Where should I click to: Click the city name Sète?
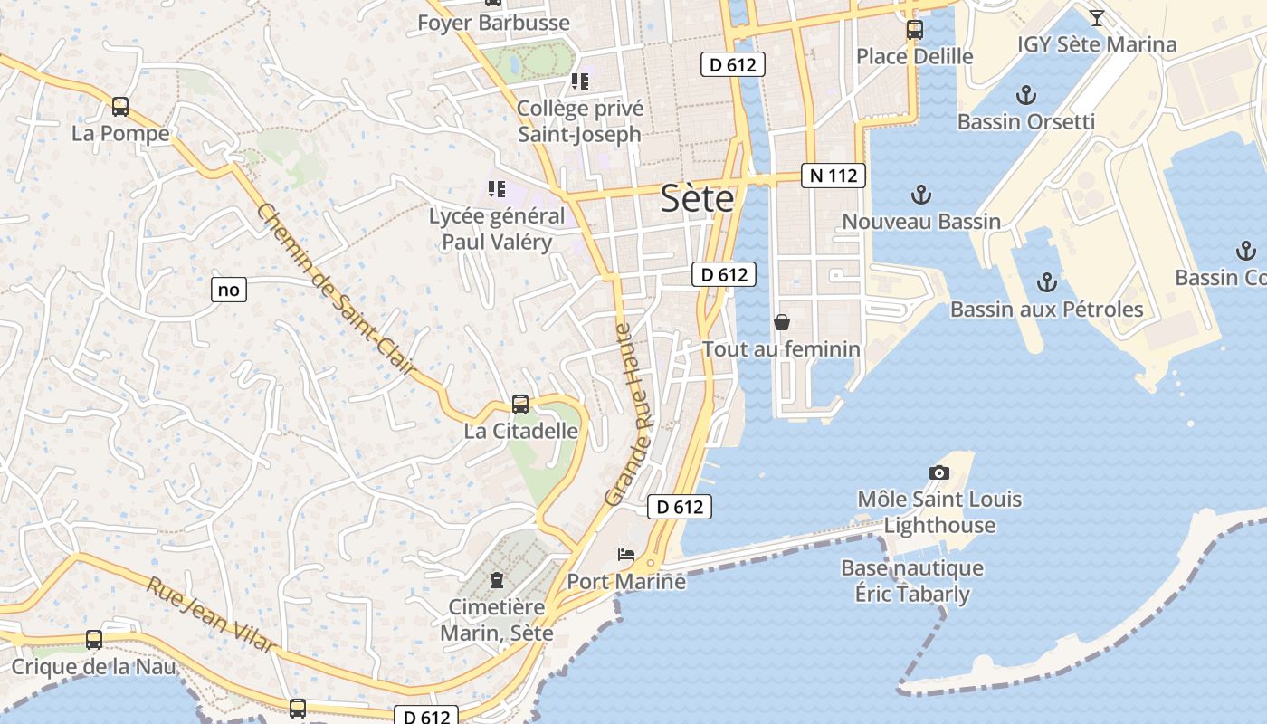[x=697, y=198]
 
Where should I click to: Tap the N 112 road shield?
[x=833, y=176]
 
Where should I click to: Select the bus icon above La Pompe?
[x=120, y=107]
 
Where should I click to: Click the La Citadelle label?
[x=520, y=431]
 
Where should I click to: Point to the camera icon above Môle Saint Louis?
[x=939, y=472]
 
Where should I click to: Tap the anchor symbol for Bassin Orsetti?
[x=1025, y=95]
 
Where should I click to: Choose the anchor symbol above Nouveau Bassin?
[x=920, y=195]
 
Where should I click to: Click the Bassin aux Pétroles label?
[x=1046, y=310]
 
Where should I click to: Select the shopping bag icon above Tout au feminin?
[x=782, y=322]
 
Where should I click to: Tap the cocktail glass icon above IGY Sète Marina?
[x=1097, y=17]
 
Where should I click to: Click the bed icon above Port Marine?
[x=626, y=554]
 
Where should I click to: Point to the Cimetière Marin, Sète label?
[x=497, y=620]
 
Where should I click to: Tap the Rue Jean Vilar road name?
[x=210, y=614]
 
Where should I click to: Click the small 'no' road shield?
[x=229, y=290]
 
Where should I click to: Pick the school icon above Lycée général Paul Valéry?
[x=496, y=189]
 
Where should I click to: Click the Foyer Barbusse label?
[x=493, y=23]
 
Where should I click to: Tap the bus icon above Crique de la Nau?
[x=93, y=640]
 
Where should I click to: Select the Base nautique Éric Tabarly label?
[x=912, y=581]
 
